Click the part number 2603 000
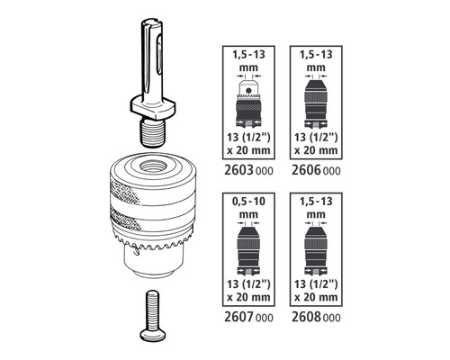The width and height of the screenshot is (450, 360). click(248, 170)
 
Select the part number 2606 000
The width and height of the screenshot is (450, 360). click(316, 170)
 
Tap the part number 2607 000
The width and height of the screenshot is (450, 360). click(248, 317)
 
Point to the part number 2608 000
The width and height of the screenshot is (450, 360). click(316, 317)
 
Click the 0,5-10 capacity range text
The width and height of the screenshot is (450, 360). click(248, 202)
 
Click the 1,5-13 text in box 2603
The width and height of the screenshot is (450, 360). click(248, 55)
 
